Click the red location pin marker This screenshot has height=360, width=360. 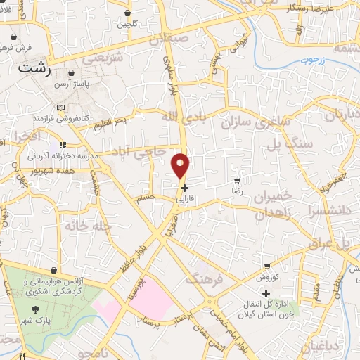(181, 165)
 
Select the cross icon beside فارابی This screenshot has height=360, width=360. (184, 188)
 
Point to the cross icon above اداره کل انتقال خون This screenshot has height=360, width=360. (266, 293)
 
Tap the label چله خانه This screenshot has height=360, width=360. (79, 226)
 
